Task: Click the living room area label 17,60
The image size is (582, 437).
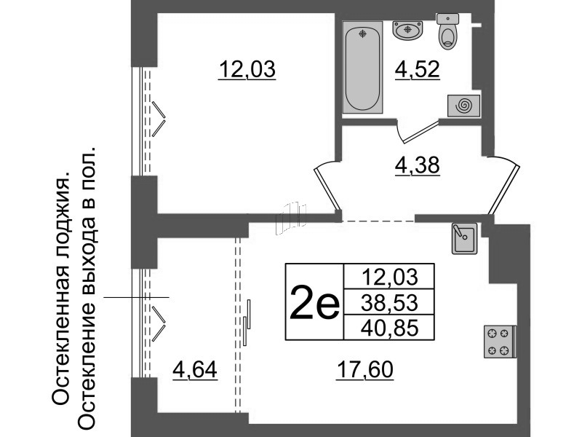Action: pyautogui.click(x=365, y=371)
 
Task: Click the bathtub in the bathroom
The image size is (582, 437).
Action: pyautogui.click(x=364, y=68)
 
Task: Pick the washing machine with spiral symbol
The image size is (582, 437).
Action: pyautogui.click(x=463, y=106)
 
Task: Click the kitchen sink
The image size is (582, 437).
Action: pyautogui.click(x=463, y=238)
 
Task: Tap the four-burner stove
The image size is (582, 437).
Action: pyautogui.click(x=499, y=342)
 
